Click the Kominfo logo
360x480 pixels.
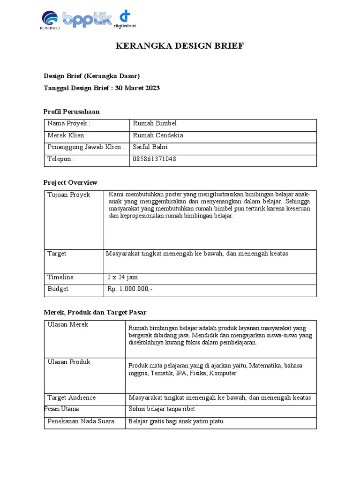point(51,21)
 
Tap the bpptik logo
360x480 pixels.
point(87,20)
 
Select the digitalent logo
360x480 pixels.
point(124,19)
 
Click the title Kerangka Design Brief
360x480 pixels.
point(180,46)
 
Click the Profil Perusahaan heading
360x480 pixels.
point(71,112)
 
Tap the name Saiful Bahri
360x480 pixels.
point(150,147)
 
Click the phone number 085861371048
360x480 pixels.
point(155,159)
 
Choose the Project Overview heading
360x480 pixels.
point(70,182)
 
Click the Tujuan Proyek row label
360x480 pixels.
point(69,195)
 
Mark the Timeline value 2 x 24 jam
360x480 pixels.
point(123,277)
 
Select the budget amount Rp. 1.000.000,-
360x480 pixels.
point(130,289)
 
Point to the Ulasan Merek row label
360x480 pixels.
point(68,325)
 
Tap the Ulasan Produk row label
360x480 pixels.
point(69,362)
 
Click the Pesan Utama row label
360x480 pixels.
point(61,409)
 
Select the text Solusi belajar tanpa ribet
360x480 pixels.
point(161,409)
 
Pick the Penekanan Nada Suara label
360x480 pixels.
point(81,421)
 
